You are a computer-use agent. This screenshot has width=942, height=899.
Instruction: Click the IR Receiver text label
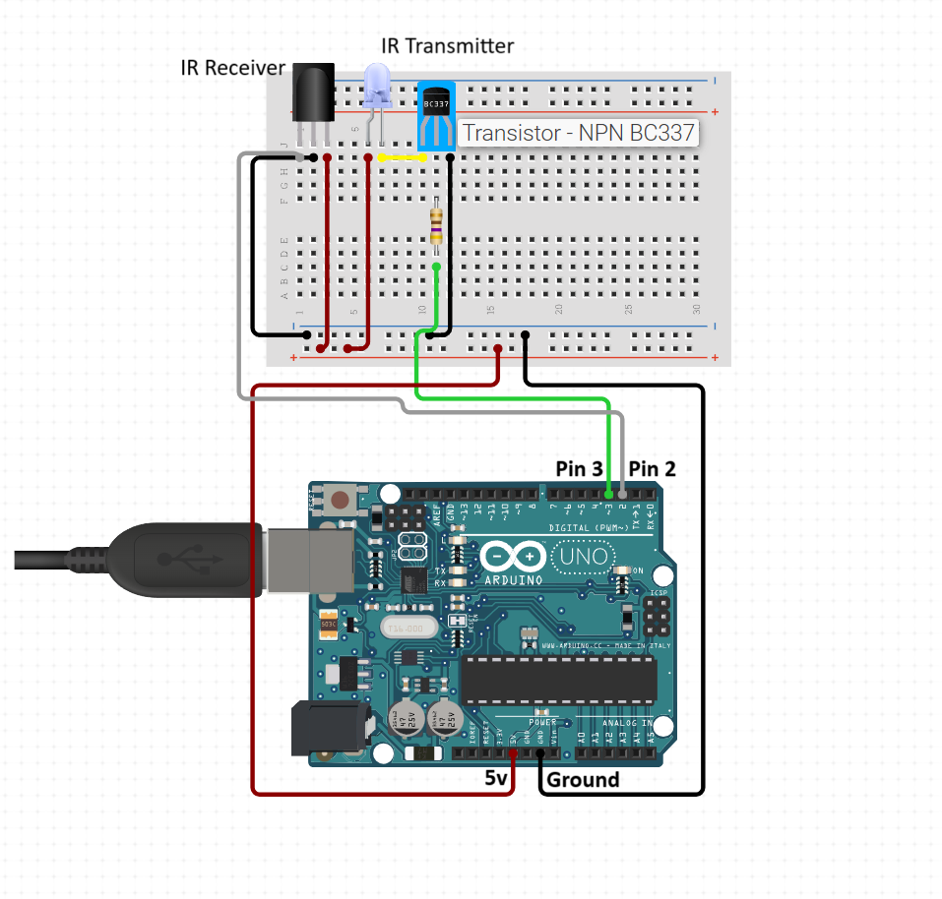(232, 68)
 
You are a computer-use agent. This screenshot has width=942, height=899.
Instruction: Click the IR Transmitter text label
(447, 46)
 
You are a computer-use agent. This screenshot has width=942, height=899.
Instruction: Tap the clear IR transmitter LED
(377, 87)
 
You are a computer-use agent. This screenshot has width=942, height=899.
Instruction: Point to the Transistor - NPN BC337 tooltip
(578, 132)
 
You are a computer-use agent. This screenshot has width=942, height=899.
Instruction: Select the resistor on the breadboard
(436, 222)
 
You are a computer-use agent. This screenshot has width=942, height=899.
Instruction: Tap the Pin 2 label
(653, 469)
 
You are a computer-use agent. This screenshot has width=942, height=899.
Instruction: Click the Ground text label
(582, 780)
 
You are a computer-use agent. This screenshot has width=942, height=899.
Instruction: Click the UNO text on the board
(580, 558)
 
